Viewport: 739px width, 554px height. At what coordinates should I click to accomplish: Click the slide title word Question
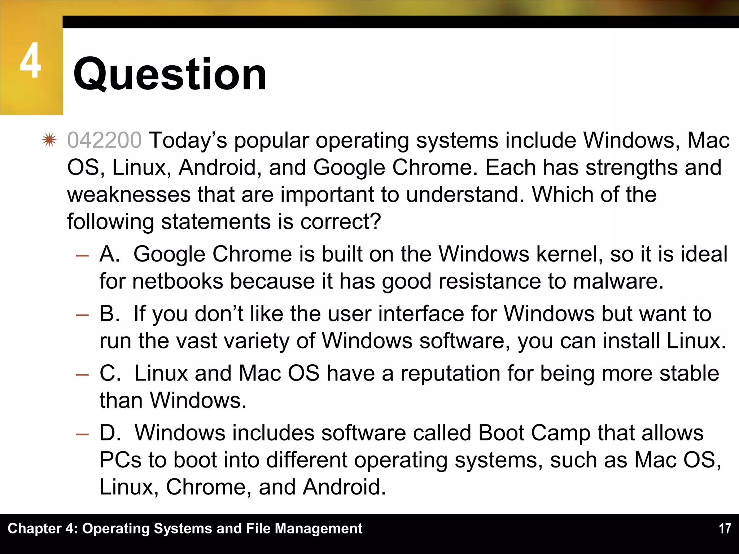point(170,75)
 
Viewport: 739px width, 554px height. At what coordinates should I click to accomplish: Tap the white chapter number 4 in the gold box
point(31,60)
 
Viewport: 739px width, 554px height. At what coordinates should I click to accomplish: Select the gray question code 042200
point(105,140)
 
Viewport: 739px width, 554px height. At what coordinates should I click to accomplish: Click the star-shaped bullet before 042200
point(49,140)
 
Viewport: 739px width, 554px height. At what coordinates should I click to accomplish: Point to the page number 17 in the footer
point(725,529)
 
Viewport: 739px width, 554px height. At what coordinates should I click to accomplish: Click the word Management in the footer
point(318,529)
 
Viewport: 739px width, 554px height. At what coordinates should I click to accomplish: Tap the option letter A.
point(109,254)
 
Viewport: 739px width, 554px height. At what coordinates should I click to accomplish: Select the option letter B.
point(109,313)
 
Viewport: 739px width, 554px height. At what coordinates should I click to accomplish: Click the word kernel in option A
point(569,254)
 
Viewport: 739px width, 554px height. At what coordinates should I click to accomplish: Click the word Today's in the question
point(188,140)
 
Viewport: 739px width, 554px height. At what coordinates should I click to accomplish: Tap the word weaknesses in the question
point(128,194)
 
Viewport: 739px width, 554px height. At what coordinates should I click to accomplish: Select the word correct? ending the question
point(341,221)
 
